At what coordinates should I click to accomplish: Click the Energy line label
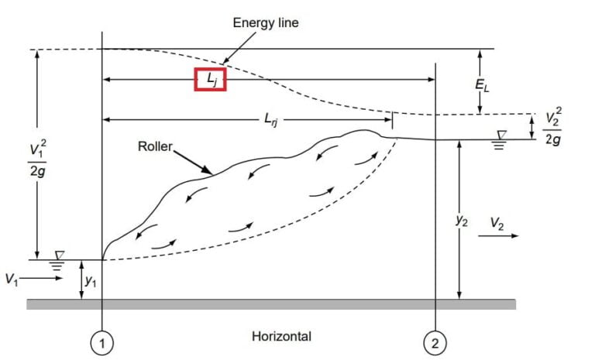click(266, 23)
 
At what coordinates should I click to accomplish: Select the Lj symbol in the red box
click(210, 79)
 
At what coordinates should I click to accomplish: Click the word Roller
click(154, 145)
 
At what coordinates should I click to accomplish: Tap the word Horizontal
click(281, 336)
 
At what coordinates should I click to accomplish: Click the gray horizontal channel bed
click(271, 304)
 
